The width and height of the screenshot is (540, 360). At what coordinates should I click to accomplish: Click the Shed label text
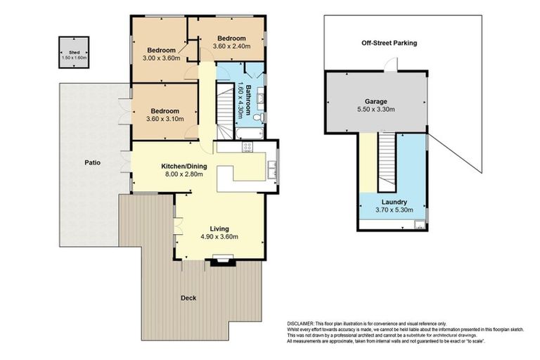point(74,52)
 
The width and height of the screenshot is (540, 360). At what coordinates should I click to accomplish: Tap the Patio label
point(92,162)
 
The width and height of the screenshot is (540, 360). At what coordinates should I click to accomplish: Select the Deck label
point(188,297)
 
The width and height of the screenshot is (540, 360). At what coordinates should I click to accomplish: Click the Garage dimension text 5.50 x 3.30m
point(375,110)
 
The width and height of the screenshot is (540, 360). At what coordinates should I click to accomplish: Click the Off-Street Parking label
point(389,43)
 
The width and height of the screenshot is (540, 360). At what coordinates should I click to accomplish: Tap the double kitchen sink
point(271,167)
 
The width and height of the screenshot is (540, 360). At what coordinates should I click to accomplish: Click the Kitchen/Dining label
point(178,166)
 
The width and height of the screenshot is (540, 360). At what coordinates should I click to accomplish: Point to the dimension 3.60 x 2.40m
point(231,46)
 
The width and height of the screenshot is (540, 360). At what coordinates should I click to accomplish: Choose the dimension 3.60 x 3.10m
point(163,120)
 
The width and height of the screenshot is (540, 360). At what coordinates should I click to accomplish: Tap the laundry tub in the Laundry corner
point(418,225)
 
